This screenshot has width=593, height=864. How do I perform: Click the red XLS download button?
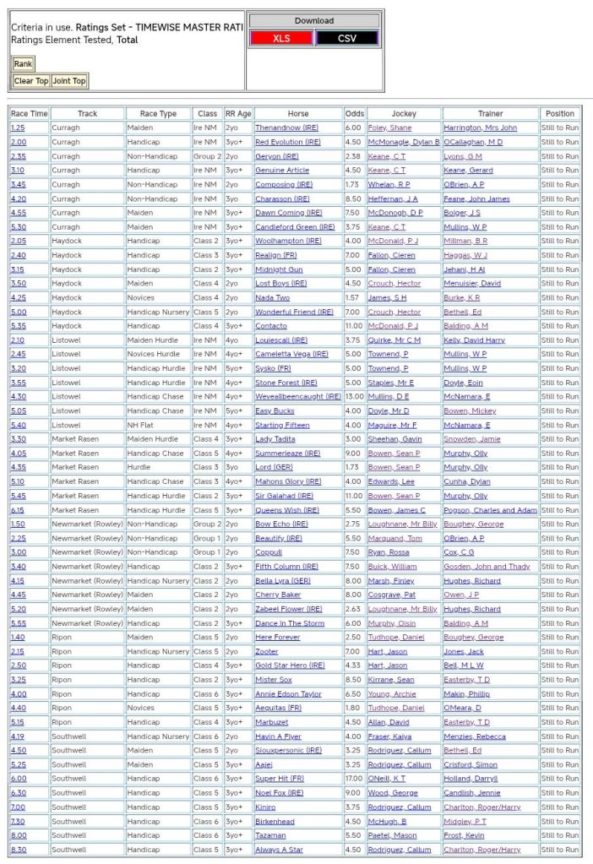click(281, 38)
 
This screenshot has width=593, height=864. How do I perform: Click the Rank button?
click(23, 64)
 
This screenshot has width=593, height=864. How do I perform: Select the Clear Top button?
click(30, 81)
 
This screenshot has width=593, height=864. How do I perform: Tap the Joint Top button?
click(69, 81)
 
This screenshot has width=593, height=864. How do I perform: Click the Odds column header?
click(355, 113)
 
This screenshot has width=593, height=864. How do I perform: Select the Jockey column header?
click(404, 113)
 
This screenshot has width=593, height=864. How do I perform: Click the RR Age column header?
click(238, 113)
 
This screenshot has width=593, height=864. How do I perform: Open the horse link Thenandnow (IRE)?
click(286, 128)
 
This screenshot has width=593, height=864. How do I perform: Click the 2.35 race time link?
click(18, 156)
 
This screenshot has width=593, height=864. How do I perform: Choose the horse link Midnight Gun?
click(279, 269)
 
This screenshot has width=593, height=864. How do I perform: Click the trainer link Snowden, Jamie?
click(471, 439)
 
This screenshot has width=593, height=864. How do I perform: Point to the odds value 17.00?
click(354, 779)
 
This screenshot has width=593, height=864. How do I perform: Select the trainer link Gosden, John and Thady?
click(487, 567)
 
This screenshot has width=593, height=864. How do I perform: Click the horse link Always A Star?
click(279, 850)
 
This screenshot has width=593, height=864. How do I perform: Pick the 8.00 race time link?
click(18, 835)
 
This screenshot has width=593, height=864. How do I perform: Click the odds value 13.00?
click(354, 396)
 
